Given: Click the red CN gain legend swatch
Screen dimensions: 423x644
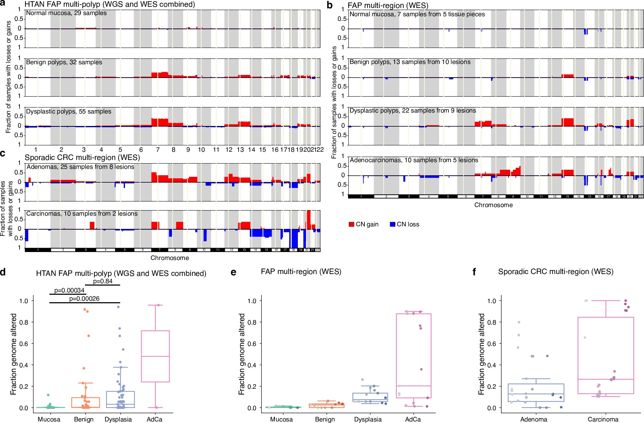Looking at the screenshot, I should point(351,224).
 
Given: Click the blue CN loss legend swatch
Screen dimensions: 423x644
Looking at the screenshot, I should point(393,224).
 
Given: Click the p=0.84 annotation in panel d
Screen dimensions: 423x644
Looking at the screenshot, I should point(103,281).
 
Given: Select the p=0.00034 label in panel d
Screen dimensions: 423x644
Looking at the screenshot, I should point(69,290).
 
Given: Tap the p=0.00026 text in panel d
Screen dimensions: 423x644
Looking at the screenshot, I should point(84,299).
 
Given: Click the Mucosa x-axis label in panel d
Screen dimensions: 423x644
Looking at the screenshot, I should point(49,419).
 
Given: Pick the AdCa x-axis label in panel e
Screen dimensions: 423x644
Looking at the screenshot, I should point(413,419).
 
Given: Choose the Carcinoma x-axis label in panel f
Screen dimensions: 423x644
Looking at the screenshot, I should point(603,419).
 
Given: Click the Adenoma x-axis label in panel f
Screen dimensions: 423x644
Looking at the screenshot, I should point(533,419).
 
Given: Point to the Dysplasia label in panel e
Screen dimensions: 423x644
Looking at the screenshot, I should point(368,419).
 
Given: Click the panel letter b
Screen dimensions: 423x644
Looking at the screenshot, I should point(329,5).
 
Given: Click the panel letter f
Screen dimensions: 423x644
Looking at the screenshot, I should point(474,272).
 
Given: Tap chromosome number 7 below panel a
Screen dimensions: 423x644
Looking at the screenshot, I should point(158,150).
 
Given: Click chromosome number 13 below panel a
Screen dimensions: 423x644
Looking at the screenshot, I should point(240,150).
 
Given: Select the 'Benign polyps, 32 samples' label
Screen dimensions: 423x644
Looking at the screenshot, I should point(64,62).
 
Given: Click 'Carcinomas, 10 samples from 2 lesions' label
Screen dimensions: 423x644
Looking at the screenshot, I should point(82,213).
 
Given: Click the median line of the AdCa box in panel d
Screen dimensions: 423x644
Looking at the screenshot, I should point(155,356).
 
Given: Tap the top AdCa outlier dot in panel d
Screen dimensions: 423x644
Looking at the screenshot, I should point(158,305).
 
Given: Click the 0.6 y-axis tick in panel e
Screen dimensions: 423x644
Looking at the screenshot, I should point(252,343).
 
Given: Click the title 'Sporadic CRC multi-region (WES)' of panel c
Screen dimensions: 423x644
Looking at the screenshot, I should point(82,158).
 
